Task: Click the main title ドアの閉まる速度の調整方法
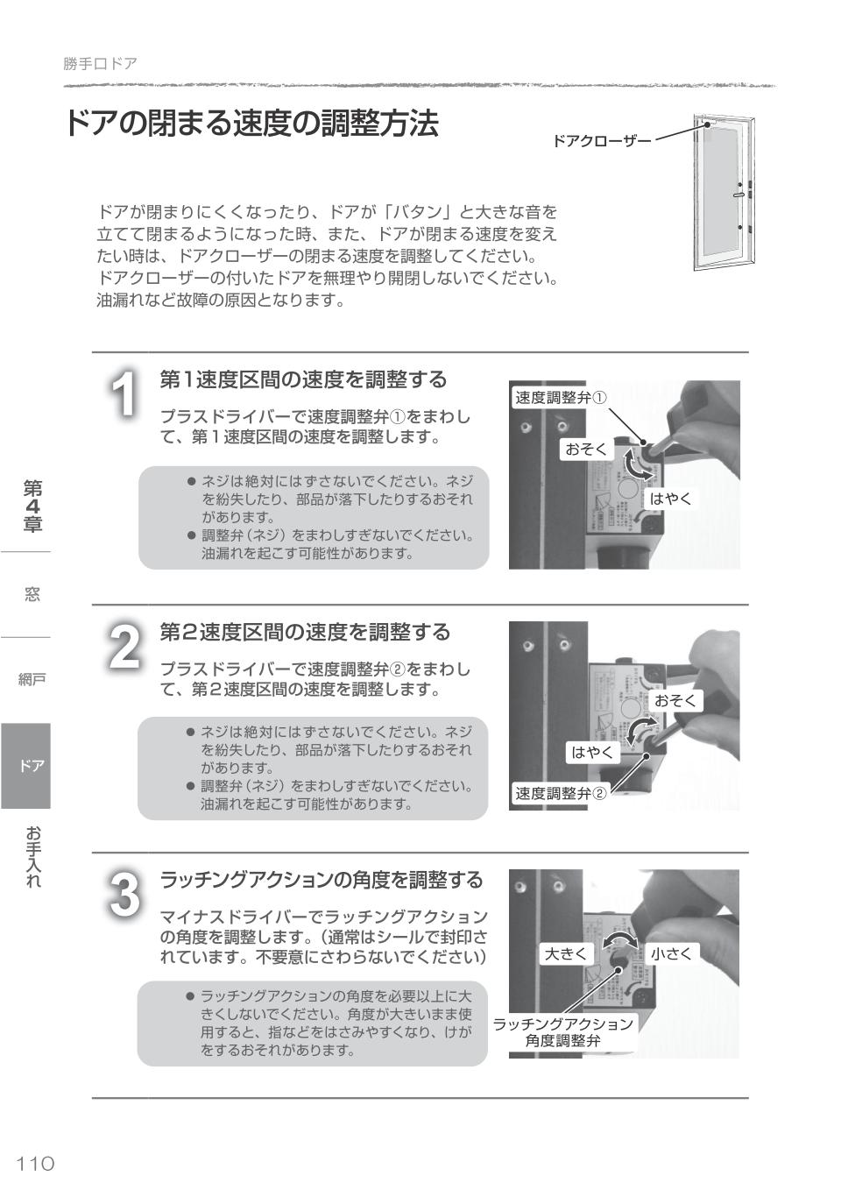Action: coord(251,124)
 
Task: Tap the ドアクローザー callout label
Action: coord(602,140)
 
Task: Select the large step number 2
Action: coord(125,647)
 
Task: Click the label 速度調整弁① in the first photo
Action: coord(560,398)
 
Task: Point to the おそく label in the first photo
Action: coord(586,450)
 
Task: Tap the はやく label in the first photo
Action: coord(670,499)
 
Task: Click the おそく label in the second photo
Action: coord(675,700)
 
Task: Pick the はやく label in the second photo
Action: coord(593,752)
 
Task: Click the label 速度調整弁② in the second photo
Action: coord(560,794)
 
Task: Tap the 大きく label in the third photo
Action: coord(566,953)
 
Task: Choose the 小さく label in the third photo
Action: coord(671,953)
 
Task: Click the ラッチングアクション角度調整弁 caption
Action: coord(563,1032)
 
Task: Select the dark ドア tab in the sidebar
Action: coord(26,766)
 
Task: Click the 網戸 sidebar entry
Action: coord(32,679)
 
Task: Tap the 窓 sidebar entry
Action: coord(32,595)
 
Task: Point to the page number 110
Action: coord(36,1163)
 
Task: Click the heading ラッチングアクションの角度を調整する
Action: coord(321,880)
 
